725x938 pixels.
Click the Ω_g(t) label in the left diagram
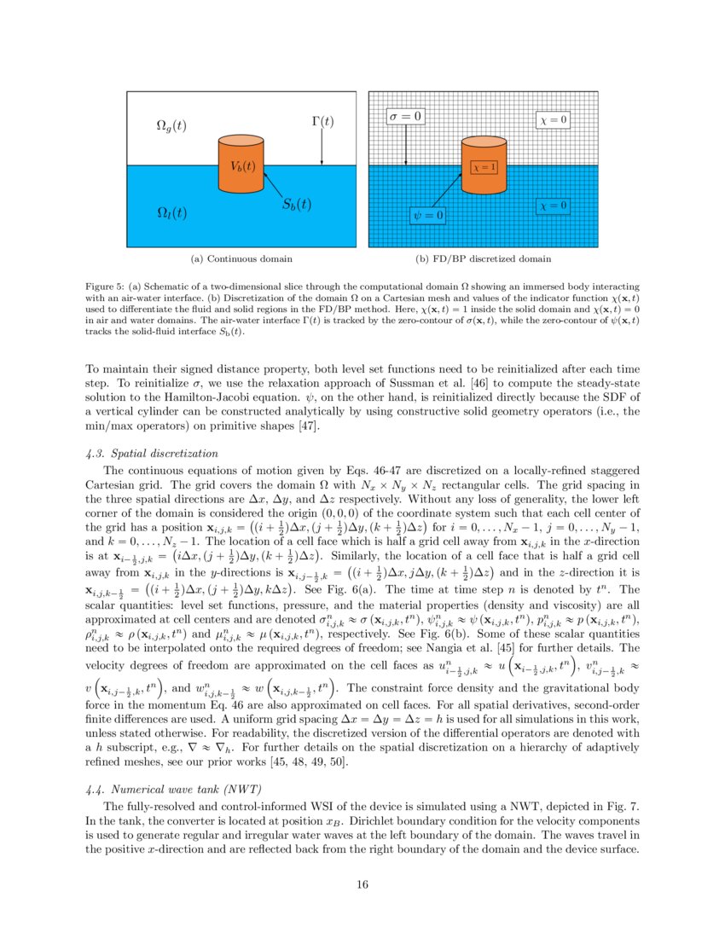point(171,125)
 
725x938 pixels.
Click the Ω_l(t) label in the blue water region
point(172,211)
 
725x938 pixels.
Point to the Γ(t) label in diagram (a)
point(321,121)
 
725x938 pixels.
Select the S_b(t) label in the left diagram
point(296,205)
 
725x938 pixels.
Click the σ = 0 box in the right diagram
point(405,115)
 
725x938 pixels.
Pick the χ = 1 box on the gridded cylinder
point(484,168)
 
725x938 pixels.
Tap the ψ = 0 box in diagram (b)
point(428,216)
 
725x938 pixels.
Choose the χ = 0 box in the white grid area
point(553,120)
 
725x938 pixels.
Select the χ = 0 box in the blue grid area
point(553,206)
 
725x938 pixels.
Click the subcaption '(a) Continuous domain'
point(241,258)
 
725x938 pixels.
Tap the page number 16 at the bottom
point(362,884)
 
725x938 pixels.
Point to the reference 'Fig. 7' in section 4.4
point(618,805)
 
